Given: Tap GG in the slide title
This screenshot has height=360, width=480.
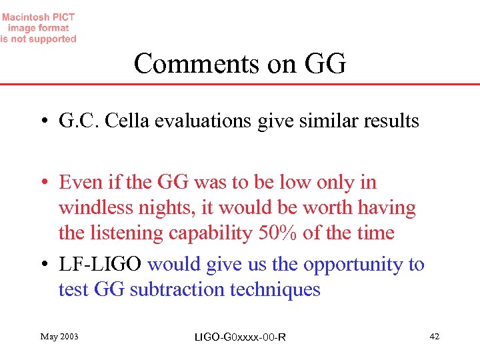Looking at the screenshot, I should click(325, 64).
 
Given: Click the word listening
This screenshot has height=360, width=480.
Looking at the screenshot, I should click(127, 233).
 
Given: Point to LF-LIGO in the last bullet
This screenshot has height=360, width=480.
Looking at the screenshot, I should click(100, 264).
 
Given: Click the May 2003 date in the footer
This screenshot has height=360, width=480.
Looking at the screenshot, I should click(59, 336).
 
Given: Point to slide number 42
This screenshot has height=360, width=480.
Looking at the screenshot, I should click(435, 336).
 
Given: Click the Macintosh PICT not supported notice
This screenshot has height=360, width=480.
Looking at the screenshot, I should click(39, 28).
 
